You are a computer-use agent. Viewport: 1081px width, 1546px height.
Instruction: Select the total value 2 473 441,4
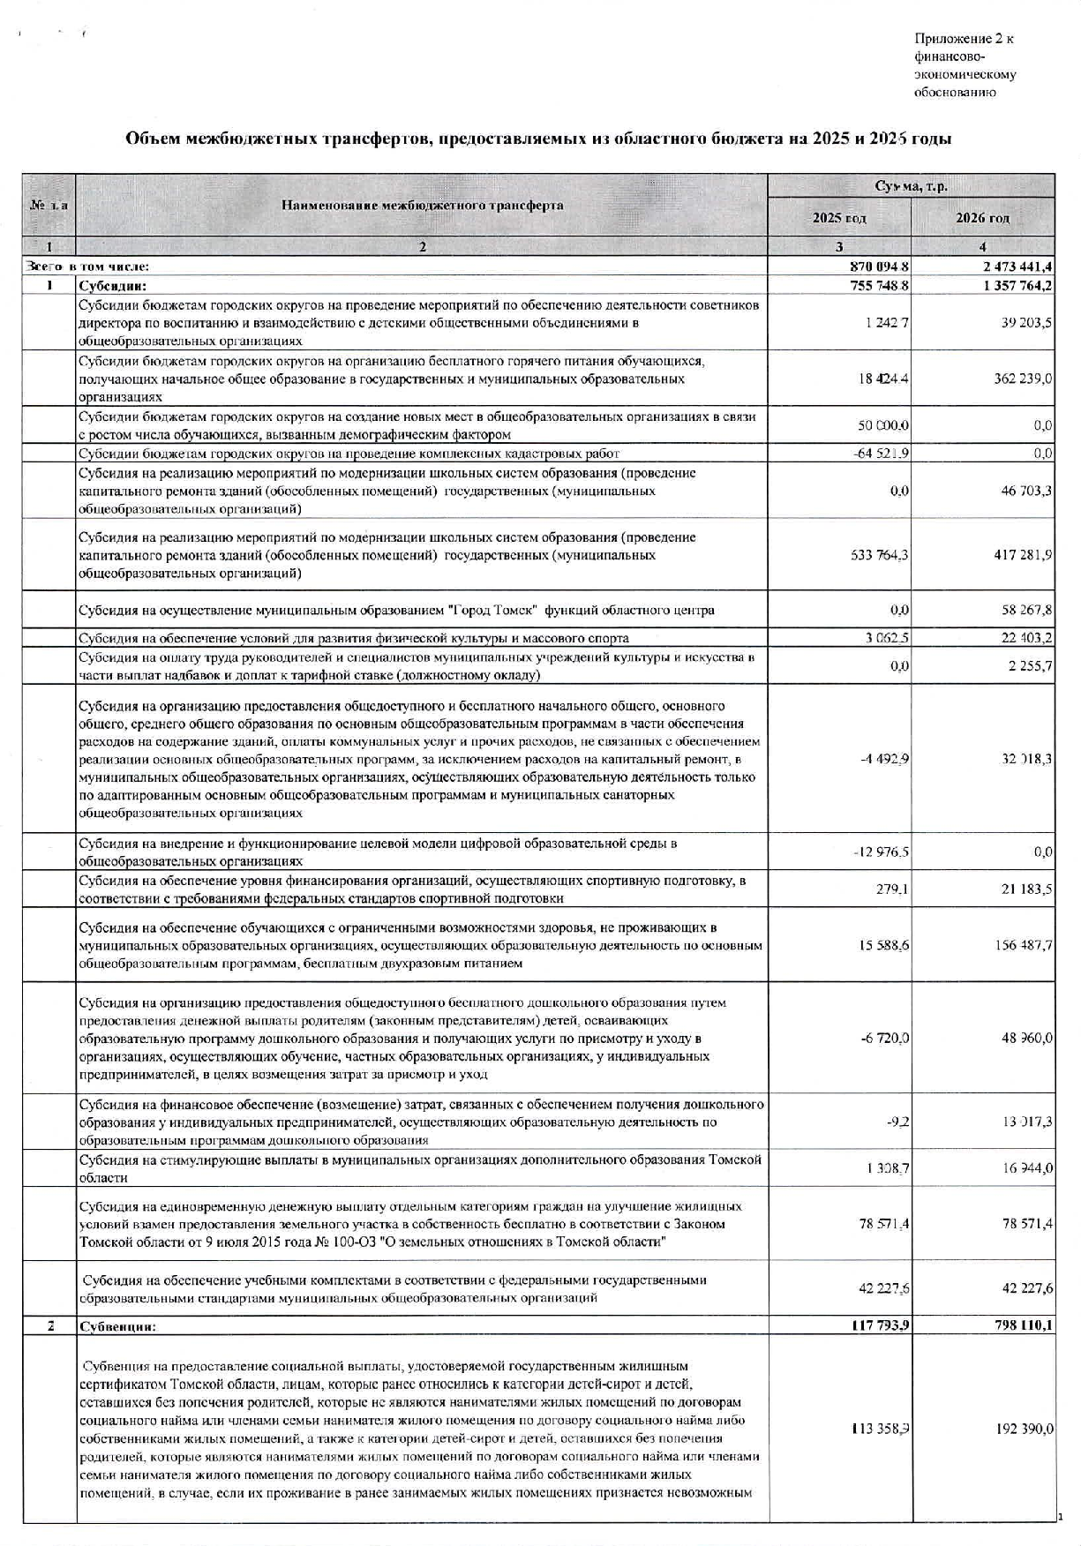[x=1011, y=266]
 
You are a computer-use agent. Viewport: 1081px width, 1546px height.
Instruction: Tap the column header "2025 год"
[x=838, y=218]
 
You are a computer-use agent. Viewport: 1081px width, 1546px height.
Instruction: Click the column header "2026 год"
[x=982, y=218]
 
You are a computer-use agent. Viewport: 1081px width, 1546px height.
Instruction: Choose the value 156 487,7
[x=1024, y=945]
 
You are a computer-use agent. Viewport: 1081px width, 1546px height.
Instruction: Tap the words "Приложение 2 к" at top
[x=964, y=39]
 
